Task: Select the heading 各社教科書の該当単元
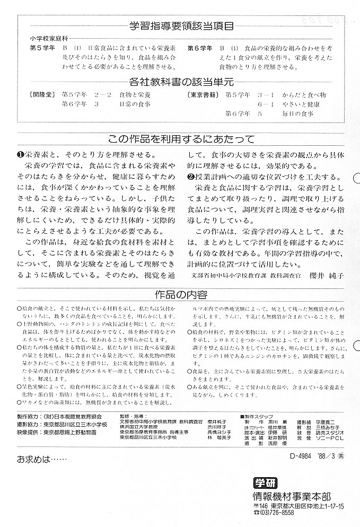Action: pos(180,82)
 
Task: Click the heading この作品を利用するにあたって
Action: pos(180,139)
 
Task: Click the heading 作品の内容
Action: pos(180,294)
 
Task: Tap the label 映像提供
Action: pos(32,433)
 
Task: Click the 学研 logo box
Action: pos(265,484)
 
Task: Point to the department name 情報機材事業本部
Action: pos(291,496)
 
